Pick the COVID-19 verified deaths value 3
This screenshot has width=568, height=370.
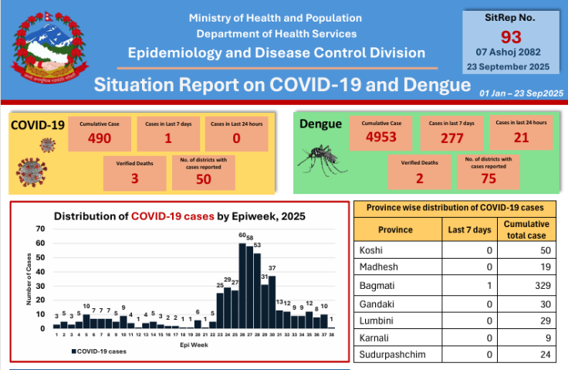point(134,178)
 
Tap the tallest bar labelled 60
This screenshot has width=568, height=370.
point(242,286)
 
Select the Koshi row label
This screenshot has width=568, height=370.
point(372,251)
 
